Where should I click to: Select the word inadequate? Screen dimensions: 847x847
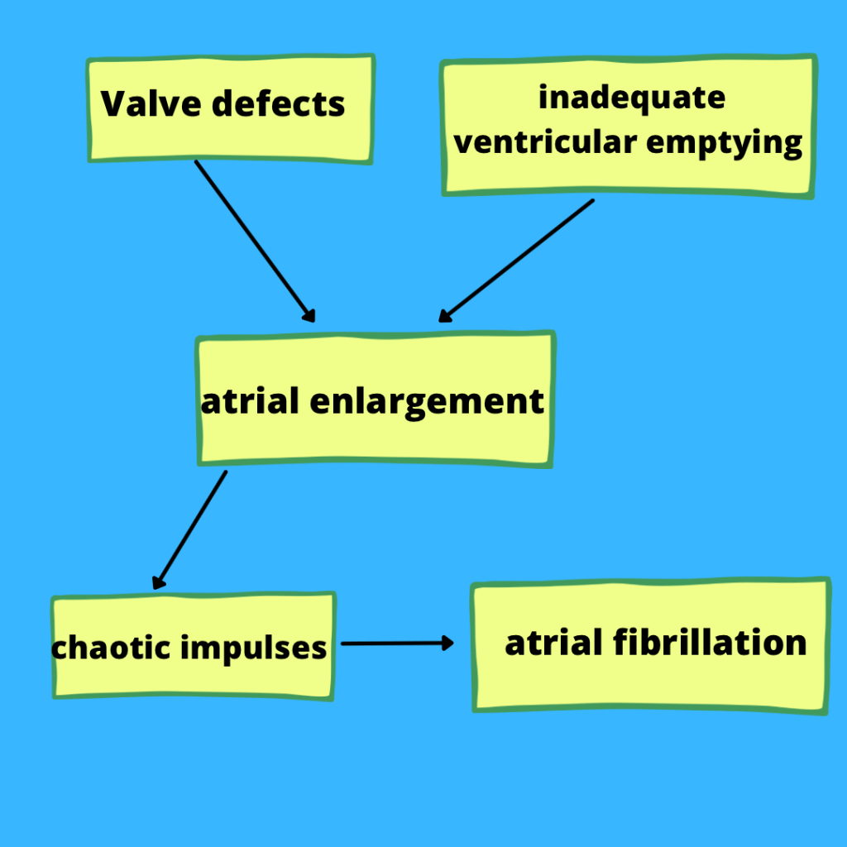coord(632,98)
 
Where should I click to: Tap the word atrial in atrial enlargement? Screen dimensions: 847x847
coord(249,402)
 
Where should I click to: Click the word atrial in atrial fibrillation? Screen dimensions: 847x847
coord(553,643)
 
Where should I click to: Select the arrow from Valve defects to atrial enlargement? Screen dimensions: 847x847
coord(255,241)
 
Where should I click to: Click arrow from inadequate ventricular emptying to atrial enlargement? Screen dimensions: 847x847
coord(516,260)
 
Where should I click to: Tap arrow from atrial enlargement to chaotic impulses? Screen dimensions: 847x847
coord(190,529)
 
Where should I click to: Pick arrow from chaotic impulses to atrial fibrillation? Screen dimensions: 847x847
coord(395,643)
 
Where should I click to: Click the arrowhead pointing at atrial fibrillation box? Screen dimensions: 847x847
coord(448,643)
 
